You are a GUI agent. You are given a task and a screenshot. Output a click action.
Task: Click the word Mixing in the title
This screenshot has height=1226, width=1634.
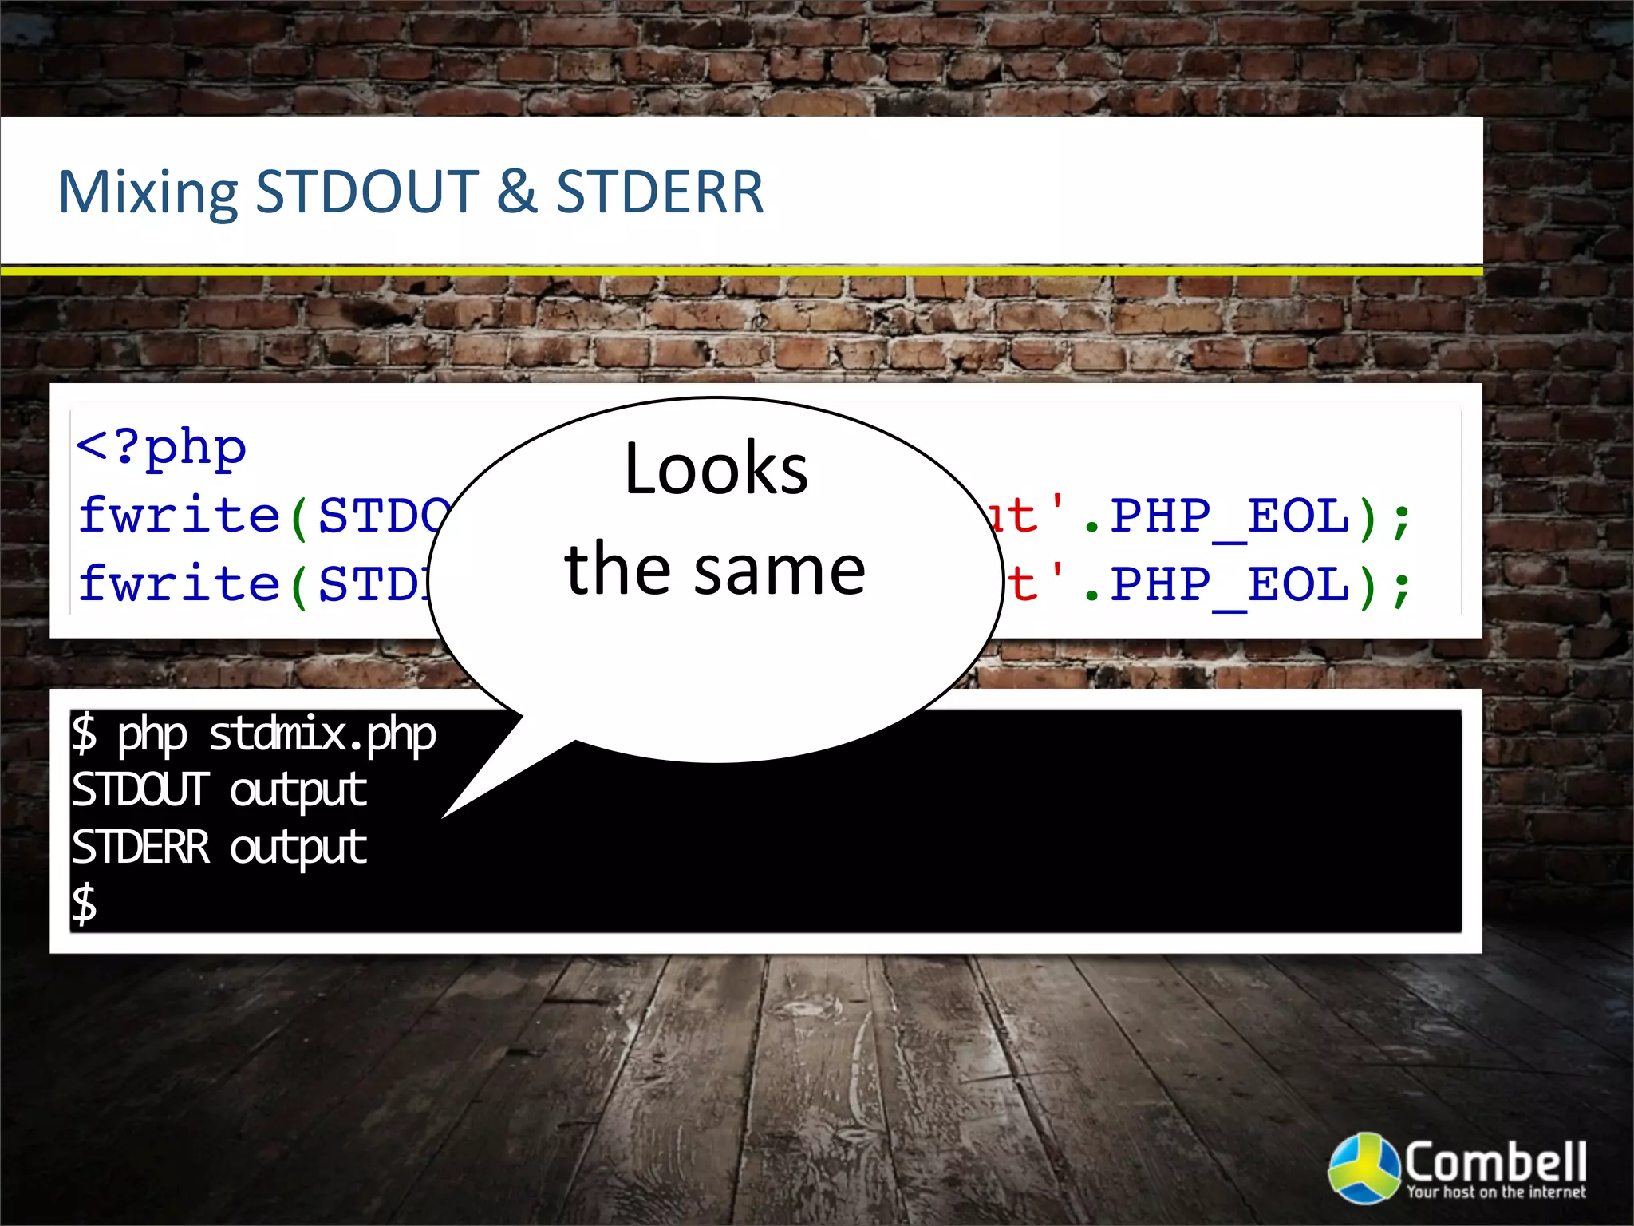click(x=148, y=192)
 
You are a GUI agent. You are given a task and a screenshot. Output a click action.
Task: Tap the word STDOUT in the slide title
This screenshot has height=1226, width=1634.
click(x=366, y=192)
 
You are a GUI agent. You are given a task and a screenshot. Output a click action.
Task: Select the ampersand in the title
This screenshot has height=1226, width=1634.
click(x=516, y=192)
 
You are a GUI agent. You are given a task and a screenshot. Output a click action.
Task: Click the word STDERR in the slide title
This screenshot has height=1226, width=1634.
click(x=660, y=192)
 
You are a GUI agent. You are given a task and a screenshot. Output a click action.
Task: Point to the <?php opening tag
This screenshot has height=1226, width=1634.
click(x=161, y=448)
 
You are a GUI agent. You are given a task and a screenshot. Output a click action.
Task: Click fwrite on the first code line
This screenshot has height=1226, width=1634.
click(x=179, y=516)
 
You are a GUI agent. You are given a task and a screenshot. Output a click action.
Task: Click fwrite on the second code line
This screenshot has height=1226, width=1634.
click(x=179, y=583)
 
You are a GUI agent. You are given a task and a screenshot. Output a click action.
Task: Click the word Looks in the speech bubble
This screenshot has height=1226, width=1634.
click(x=716, y=469)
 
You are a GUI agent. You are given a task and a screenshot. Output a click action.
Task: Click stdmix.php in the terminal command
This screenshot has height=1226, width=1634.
click(x=322, y=734)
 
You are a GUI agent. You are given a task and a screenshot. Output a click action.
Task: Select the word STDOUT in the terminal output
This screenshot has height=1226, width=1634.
click(x=140, y=790)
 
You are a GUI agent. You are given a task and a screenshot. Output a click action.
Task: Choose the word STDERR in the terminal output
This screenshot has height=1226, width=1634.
click(x=140, y=847)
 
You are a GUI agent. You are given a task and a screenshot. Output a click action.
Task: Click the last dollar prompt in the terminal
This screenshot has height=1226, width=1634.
click(x=85, y=904)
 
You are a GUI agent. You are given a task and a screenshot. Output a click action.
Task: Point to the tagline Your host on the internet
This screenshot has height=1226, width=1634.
click(x=1495, y=1192)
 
